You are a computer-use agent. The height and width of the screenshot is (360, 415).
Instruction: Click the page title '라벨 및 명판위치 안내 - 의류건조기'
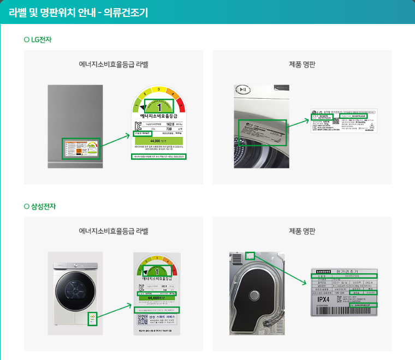click(78, 12)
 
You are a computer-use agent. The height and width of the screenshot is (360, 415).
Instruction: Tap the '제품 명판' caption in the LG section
click(302, 64)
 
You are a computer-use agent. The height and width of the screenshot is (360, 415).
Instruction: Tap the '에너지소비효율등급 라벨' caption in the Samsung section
click(114, 231)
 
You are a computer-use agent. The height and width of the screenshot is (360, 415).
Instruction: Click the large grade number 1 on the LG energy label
click(159, 106)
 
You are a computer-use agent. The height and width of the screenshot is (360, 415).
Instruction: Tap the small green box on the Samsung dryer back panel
click(250, 255)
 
